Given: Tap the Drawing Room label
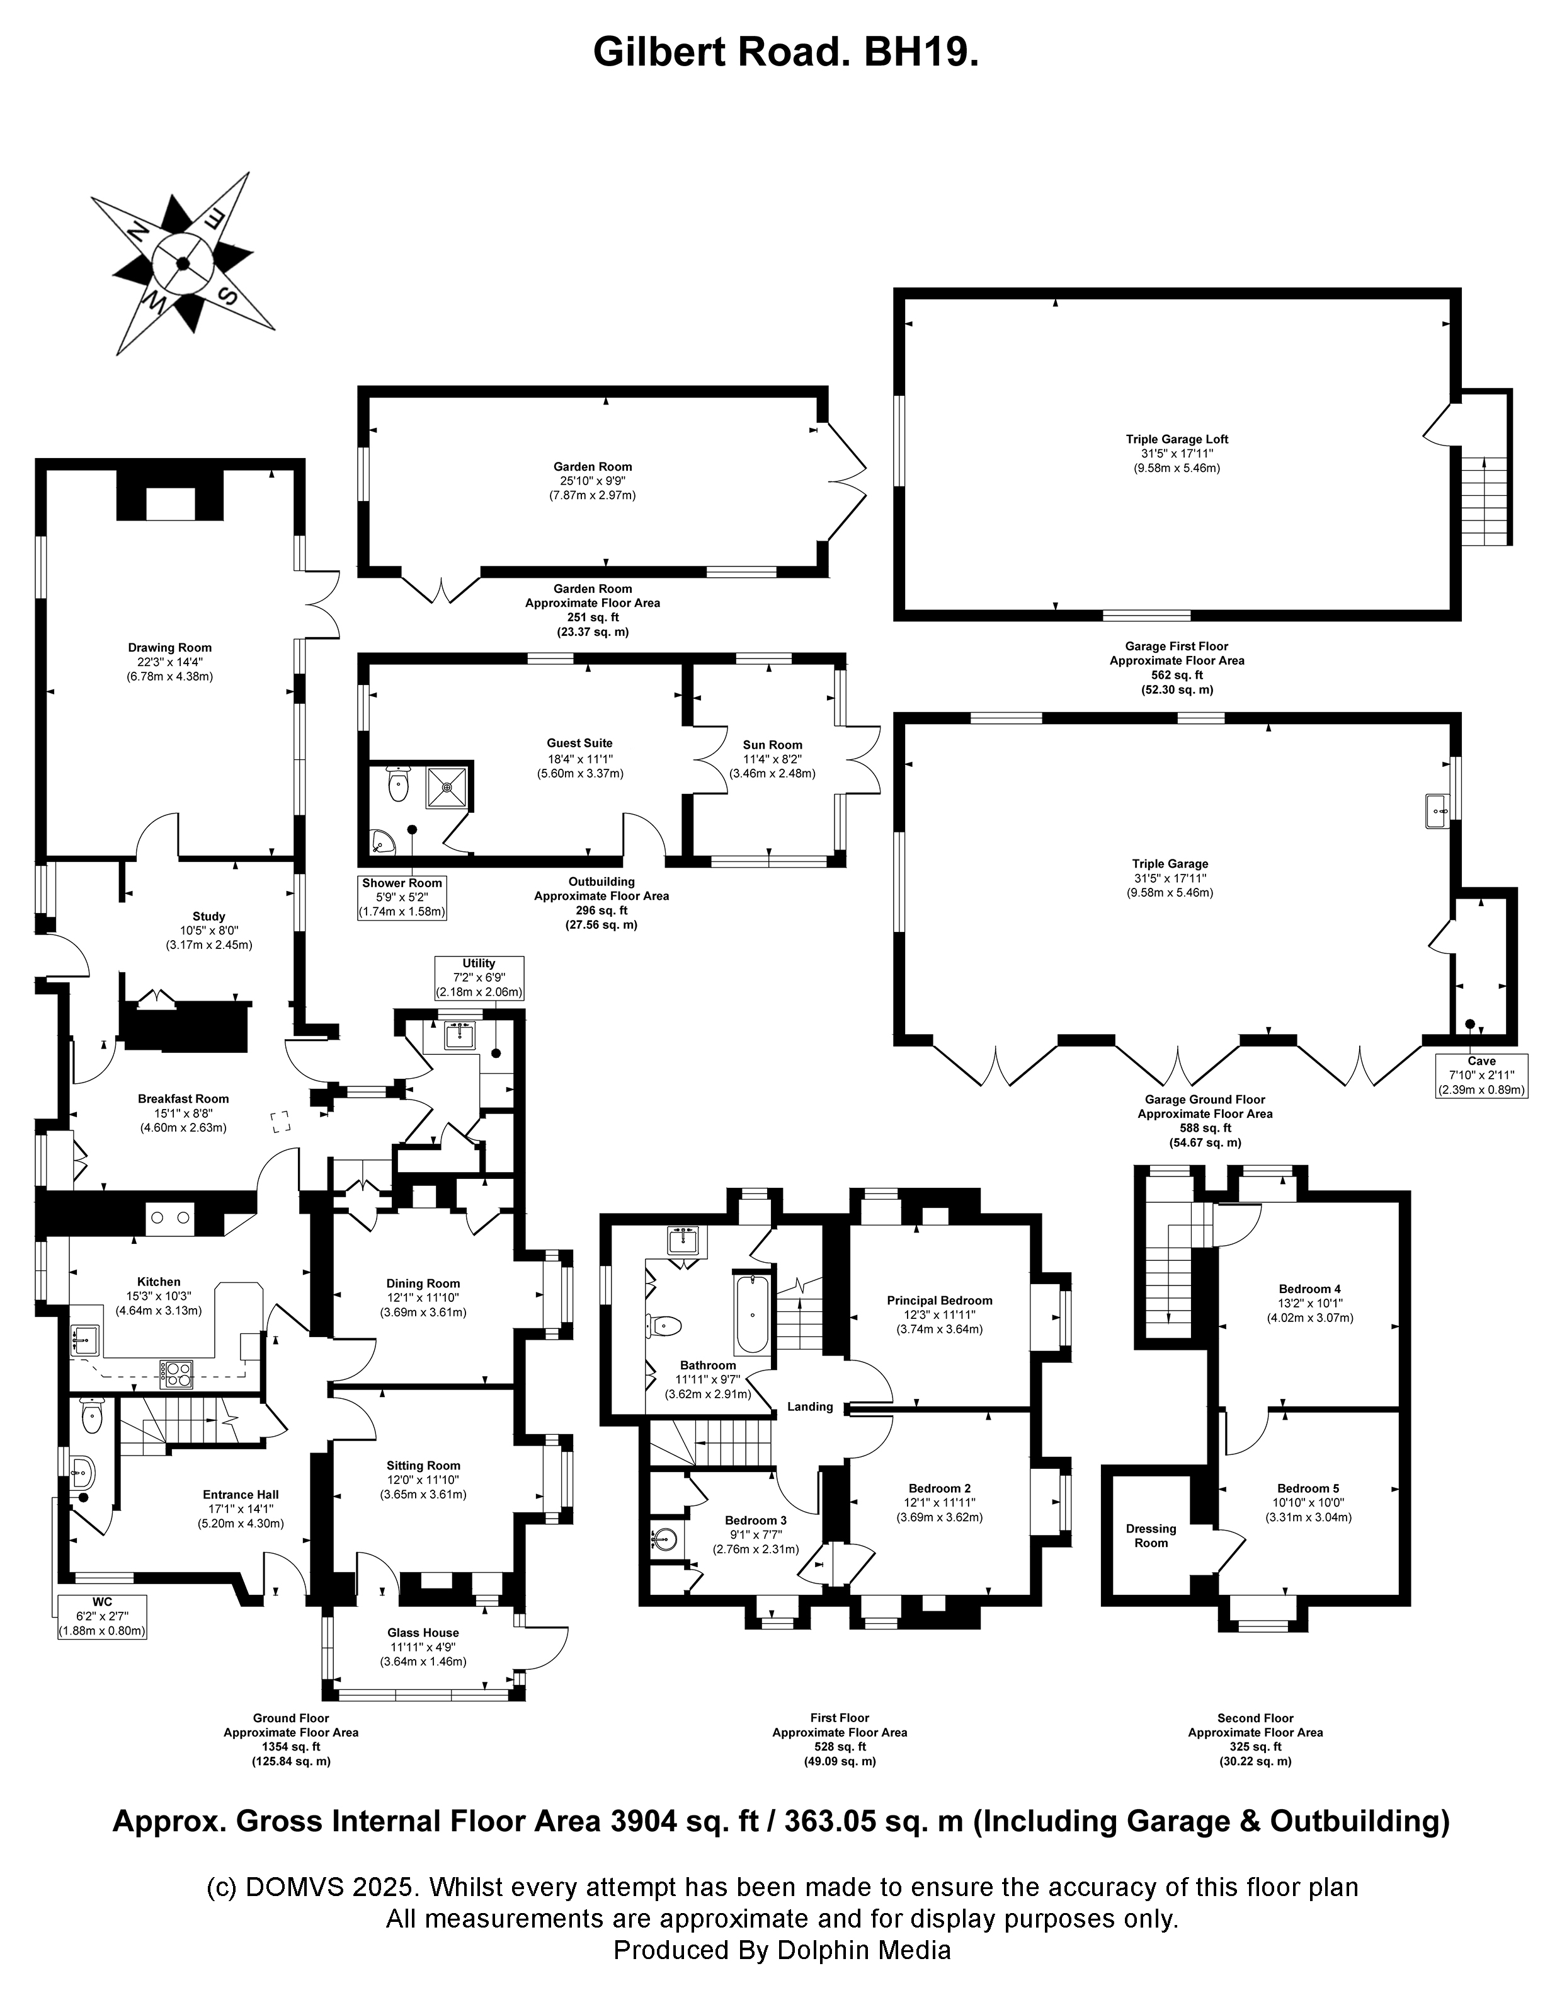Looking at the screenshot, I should (x=169, y=648).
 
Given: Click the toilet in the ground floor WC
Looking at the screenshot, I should (x=92, y=1418).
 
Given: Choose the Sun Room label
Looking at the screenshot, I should (x=772, y=744).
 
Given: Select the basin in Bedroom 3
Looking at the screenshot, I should (x=665, y=1539).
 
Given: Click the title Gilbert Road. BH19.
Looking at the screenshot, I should (x=785, y=52).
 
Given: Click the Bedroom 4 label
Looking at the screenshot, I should (x=1309, y=1289).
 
